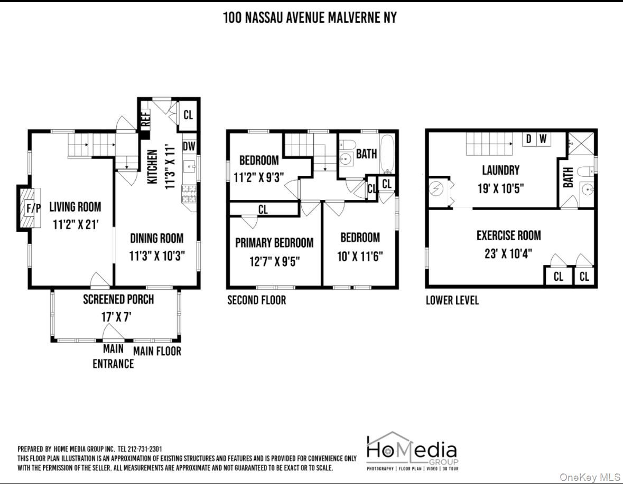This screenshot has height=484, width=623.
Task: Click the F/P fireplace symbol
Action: [x=33, y=208]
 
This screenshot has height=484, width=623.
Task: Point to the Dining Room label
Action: [x=157, y=239]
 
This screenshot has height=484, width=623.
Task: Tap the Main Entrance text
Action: [x=113, y=356]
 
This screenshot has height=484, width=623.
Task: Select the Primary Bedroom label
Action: [x=274, y=243]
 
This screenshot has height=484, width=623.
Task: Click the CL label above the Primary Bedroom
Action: [x=263, y=210]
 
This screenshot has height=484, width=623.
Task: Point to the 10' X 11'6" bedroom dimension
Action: [x=360, y=257]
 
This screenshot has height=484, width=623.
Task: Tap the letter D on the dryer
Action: [x=527, y=139]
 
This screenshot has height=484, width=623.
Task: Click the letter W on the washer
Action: [x=543, y=139]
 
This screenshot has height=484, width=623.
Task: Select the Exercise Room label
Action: [x=508, y=235]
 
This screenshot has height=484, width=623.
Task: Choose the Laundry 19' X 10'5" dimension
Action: [x=500, y=188]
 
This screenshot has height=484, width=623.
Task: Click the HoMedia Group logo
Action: [x=411, y=451]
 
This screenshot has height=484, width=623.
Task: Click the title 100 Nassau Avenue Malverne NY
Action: [x=310, y=18]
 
